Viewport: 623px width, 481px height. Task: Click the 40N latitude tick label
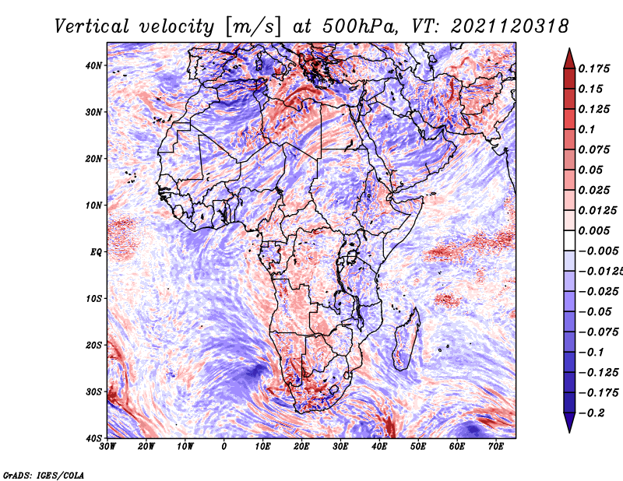click(93, 65)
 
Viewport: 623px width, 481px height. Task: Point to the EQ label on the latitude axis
click(96, 252)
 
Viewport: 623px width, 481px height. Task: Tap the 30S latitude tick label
click(93, 392)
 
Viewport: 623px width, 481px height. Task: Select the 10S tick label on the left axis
click(93, 299)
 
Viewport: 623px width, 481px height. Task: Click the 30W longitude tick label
click(107, 447)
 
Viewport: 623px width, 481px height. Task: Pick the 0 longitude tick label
click(224, 447)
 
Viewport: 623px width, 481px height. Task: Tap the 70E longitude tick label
click(496, 447)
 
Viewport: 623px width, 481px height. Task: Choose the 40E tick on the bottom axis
click(379, 447)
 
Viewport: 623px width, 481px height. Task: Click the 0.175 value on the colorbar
click(593, 68)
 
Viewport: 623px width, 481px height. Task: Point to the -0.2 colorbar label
click(591, 413)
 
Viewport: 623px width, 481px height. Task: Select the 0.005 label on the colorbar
click(593, 230)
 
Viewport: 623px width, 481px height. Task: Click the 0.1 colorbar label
click(586, 129)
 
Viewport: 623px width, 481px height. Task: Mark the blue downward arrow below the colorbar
click(569, 422)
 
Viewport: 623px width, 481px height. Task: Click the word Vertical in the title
click(91, 26)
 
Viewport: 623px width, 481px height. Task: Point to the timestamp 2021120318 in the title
click(510, 26)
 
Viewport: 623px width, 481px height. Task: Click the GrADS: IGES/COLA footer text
click(44, 476)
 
